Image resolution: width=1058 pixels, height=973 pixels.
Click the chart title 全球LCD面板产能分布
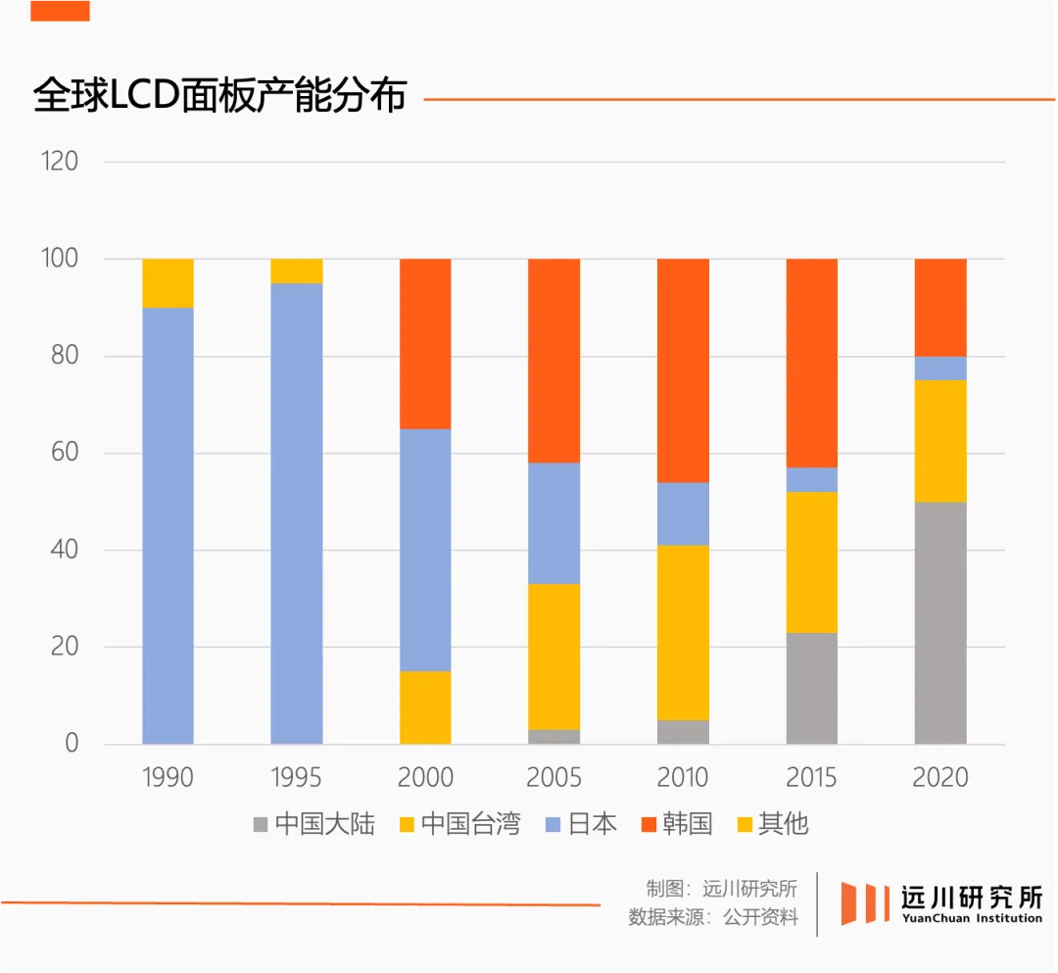click(x=219, y=96)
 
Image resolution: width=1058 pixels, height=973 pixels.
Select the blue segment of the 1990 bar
click(x=168, y=525)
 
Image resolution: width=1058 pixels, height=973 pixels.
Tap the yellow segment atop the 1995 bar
click(x=297, y=271)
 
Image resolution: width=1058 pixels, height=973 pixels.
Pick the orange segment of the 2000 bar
click(x=425, y=344)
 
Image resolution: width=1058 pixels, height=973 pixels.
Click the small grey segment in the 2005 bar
click(x=554, y=737)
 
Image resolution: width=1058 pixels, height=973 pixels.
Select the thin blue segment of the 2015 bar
click(x=812, y=479)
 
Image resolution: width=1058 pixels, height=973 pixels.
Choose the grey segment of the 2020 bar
click(x=940, y=623)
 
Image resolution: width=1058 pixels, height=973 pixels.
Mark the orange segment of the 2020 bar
click(x=940, y=308)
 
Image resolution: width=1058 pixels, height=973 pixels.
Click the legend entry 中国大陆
click(x=314, y=824)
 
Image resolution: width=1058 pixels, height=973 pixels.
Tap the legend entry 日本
click(x=580, y=824)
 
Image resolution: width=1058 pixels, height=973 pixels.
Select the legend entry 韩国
click(x=676, y=824)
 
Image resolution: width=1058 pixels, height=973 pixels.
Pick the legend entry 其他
click(x=771, y=824)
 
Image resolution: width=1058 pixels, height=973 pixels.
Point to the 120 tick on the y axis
click(x=60, y=162)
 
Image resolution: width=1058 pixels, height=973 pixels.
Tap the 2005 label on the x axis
click(x=554, y=778)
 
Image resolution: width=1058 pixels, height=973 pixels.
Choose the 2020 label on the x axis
click(x=940, y=778)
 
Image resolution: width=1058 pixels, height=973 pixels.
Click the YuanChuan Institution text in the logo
click(x=972, y=918)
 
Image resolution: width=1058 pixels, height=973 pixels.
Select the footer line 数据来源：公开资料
click(x=713, y=918)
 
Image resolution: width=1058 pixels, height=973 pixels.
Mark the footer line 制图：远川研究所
click(x=721, y=889)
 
